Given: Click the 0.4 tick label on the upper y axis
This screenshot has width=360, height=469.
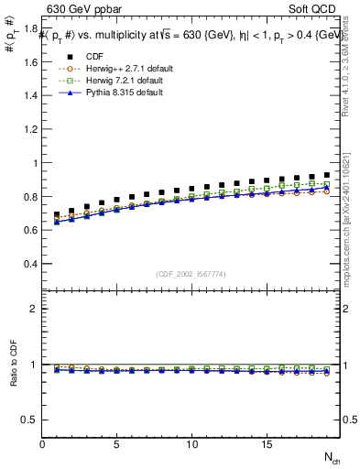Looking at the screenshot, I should coord(30,264).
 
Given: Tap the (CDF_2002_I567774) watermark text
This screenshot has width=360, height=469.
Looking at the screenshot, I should coord(192,275).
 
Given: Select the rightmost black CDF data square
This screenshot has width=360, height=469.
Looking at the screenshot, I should coord(326,174).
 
